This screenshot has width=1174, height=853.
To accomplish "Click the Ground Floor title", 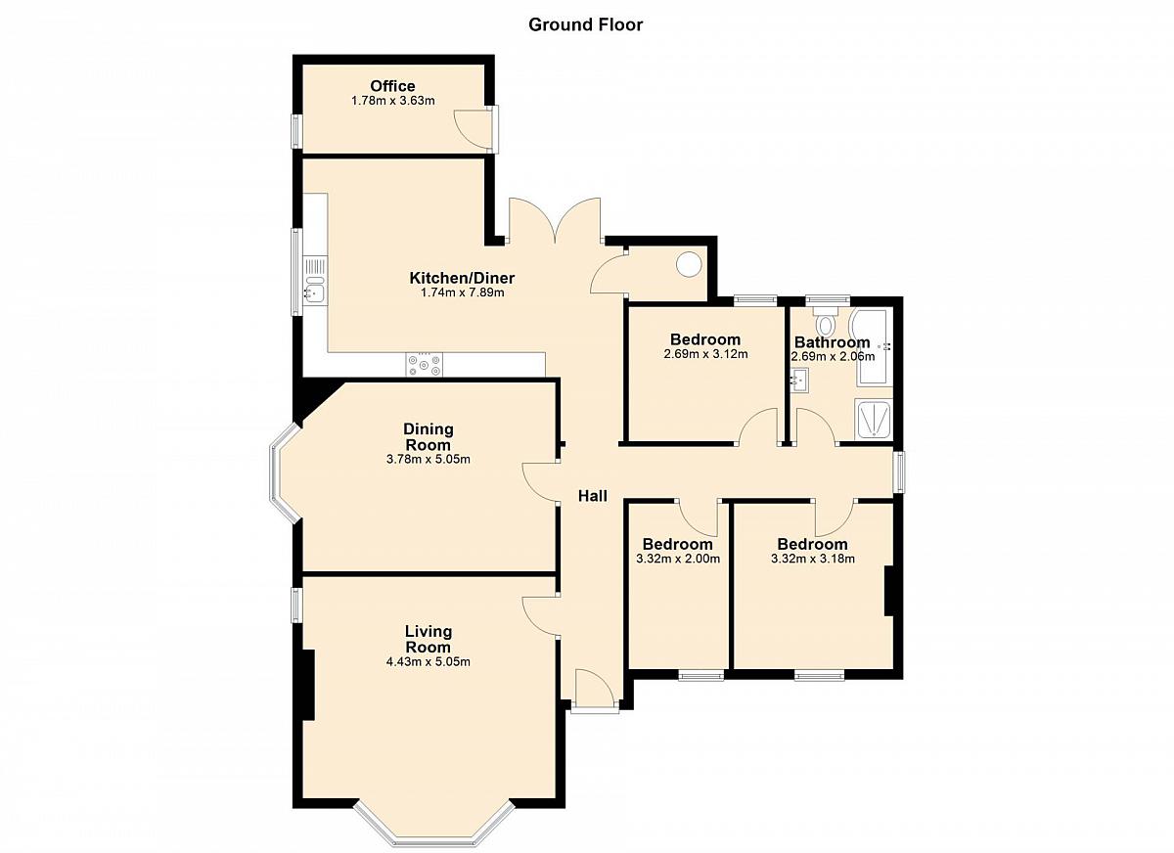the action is tap(585, 24).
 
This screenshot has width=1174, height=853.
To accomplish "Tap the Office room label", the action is tap(392, 86).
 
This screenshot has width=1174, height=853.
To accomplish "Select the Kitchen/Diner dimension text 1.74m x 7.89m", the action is tap(462, 292).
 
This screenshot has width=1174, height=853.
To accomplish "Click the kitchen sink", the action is tap(315, 291).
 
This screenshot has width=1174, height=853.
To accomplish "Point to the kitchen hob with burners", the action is tap(424, 364).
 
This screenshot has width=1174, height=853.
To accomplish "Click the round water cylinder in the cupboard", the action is tap(689, 264).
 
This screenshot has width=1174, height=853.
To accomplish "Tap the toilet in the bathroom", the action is tap(827, 321).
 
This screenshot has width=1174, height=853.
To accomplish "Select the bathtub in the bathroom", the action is tap(872, 348).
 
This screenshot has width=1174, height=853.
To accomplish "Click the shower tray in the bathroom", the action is tap(873, 420).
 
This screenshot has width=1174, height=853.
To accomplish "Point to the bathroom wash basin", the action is tap(800, 379).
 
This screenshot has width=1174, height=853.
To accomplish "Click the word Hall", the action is tap(593, 496).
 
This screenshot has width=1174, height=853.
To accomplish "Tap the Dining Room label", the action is tap(429, 437).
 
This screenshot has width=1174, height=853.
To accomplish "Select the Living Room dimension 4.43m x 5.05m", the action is tap(429, 661).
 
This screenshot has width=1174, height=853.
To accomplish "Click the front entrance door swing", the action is tap(595, 689).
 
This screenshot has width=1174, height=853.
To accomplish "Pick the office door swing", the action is tap(474, 129).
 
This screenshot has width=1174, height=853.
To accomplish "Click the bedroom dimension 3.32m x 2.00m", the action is tap(678, 559).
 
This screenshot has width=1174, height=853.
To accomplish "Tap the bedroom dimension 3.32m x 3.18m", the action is tap(813, 559).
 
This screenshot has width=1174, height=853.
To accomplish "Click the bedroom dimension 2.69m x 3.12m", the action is tap(705, 354).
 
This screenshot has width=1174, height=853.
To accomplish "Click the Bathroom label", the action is tap(833, 342).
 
